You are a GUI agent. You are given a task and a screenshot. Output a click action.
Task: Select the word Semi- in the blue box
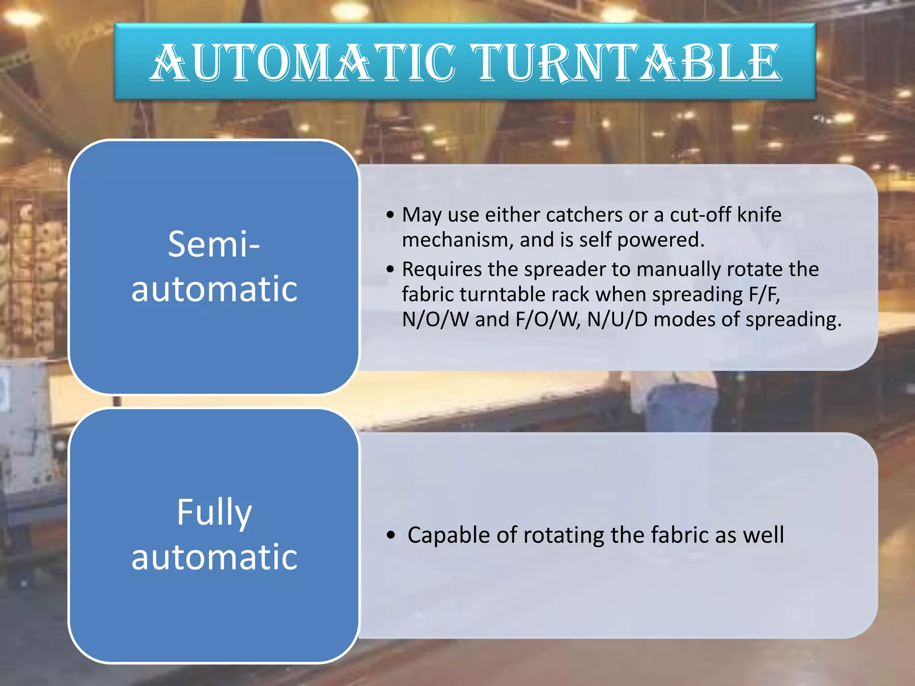[214, 244]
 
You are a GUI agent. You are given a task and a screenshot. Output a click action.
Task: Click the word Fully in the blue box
[214, 512]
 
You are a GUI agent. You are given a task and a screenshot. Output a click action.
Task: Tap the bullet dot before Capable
[391, 535]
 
